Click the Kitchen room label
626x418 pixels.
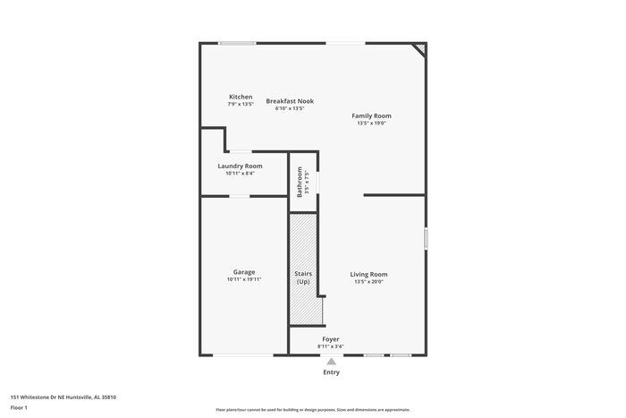241,97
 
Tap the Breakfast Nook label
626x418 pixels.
289,101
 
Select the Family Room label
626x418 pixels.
371,115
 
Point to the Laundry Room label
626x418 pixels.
240,166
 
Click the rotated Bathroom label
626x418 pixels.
300,183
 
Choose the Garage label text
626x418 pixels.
244,272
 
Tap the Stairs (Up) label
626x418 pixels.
303,277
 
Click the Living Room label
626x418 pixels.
368,274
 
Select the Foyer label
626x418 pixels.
331,339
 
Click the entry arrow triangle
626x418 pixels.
331,361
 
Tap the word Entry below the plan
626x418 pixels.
331,371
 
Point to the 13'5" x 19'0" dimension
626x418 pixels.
371,124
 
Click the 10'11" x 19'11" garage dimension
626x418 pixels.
244,279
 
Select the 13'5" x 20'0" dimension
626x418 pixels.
368,282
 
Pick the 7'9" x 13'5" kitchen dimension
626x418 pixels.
241,104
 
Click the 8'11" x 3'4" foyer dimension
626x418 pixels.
331,346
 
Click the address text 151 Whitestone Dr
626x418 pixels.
63,397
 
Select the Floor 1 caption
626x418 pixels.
20,408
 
